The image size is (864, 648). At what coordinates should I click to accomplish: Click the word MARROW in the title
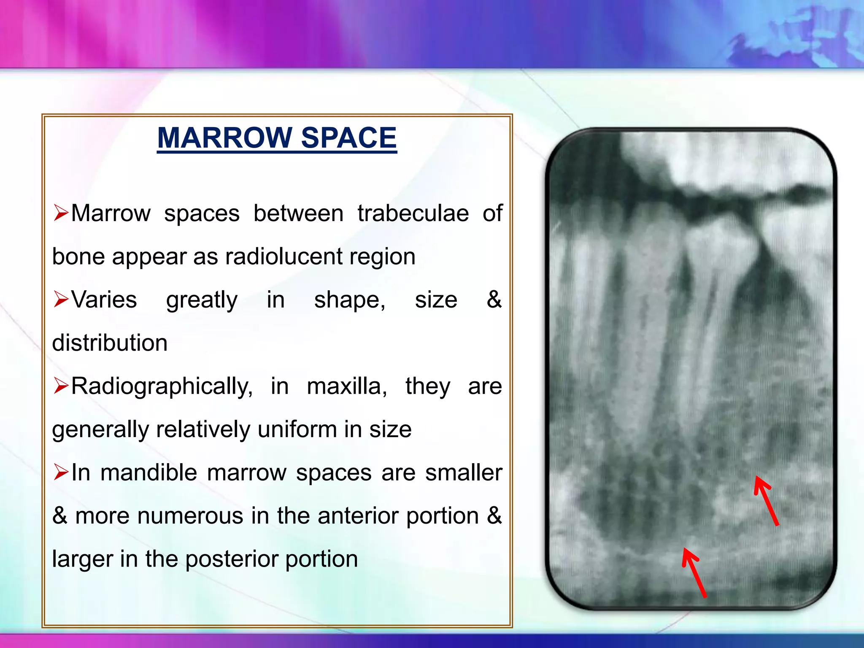pyautogui.click(x=224, y=138)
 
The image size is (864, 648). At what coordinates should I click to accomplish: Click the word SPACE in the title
pyautogui.click(x=349, y=138)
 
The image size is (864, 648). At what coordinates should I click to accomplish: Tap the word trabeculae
pyautogui.click(x=413, y=213)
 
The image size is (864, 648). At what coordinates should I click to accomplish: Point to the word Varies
pyautogui.click(x=104, y=300)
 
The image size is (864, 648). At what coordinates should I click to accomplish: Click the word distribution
pyautogui.click(x=110, y=343)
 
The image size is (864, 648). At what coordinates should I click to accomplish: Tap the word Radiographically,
pyautogui.click(x=162, y=387)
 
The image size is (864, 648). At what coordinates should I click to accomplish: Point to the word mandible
pyautogui.click(x=148, y=472)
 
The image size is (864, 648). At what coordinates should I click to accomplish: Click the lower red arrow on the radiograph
pyautogui.click(x=694, y=572)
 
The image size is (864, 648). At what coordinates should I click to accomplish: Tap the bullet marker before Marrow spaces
pyautogui.click(x=61, y=212)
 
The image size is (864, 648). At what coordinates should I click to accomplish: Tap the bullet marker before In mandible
pyautogui.click(x=61, y=472)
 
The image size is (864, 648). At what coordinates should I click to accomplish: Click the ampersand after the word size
pyautogui.click(x=494, y=300)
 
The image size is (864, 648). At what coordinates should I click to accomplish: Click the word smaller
pyautogui.click(x=464, y=472)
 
